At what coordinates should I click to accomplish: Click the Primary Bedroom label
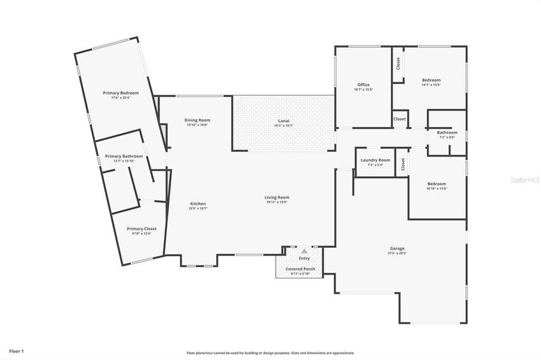pos(121,93)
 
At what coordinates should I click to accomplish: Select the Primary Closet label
pos(142,229)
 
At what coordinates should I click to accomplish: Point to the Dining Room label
pos(197,120)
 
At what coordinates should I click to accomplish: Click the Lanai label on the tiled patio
pos(283,121)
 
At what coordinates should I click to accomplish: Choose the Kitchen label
pos(198,203)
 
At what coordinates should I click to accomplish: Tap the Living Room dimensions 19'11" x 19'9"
pos(277,202)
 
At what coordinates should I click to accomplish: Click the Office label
pos(363,85)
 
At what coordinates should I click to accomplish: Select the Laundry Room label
pos(375,160)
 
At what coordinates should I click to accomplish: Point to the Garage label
pos(397,248)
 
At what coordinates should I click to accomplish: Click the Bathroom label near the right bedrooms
pos(447,133)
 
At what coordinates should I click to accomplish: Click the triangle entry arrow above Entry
pos(304,251)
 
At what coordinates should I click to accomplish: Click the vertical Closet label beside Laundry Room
pos(403,163)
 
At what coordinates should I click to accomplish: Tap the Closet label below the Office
pos(399,119)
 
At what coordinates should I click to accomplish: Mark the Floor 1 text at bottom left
pos(16,350)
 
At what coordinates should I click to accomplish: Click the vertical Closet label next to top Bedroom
pos(398,63)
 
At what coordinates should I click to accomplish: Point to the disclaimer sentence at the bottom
pos(270,353)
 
